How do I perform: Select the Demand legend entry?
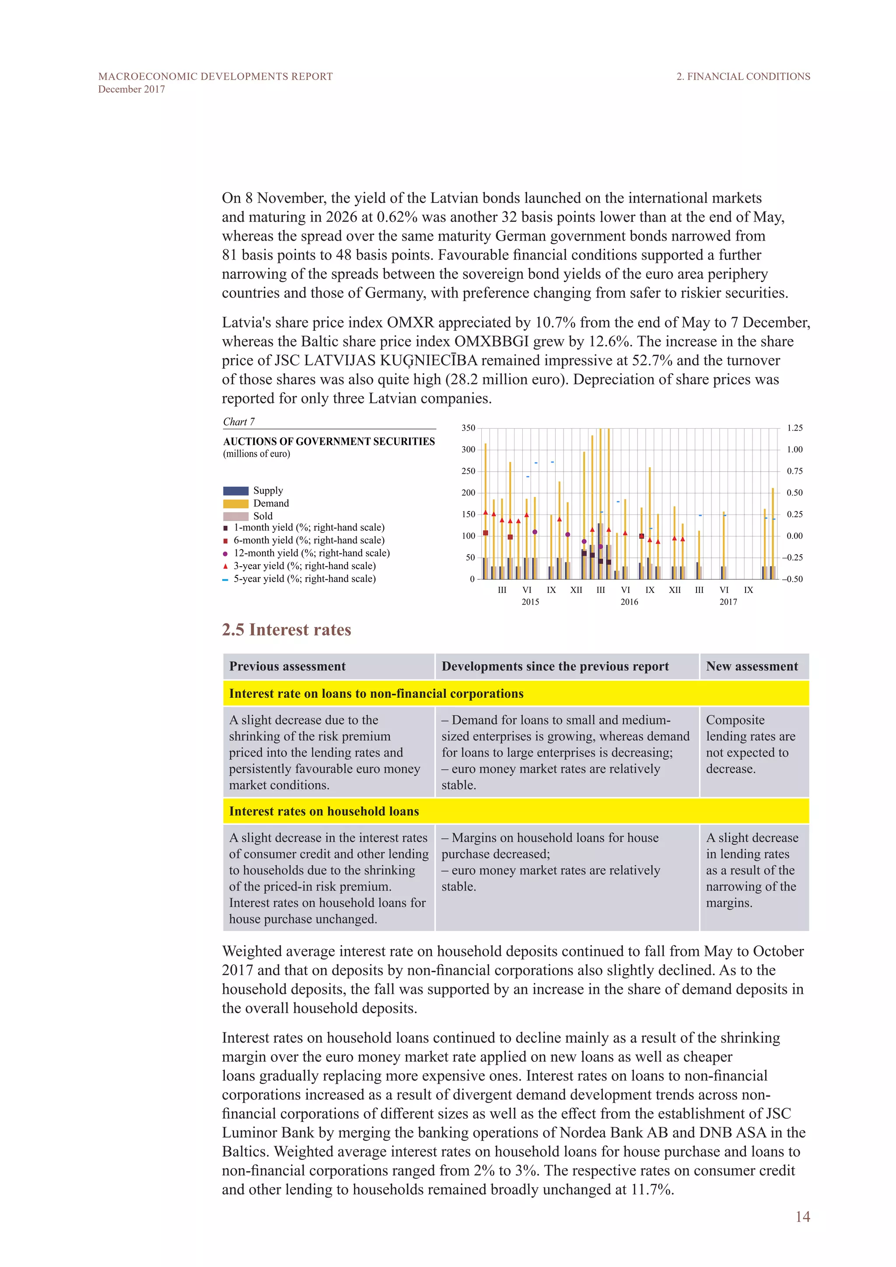click(256, 503)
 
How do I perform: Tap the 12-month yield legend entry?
click(306, 553)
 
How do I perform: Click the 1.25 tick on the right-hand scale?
click(794, 428)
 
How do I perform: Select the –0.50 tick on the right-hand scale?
click(792, 579)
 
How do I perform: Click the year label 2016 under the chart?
click(629, 602)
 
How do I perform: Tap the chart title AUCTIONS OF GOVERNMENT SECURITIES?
click(329, 441)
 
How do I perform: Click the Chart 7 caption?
click(239, 422)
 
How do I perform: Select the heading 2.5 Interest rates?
click(287, 630)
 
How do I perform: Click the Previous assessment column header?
click(287, 667)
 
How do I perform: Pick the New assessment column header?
click(752, 667)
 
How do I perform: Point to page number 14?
click(802, 1217)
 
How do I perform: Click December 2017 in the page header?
click(131, 89)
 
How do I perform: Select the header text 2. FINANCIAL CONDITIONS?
click(743, 77)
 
